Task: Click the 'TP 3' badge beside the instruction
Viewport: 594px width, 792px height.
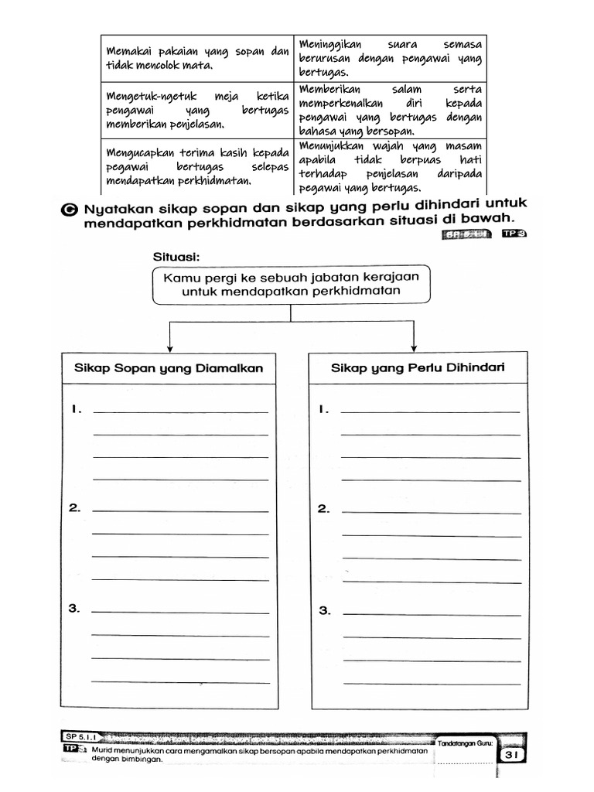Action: click(513, 235)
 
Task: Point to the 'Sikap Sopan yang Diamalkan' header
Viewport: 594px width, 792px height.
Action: click(168, 369)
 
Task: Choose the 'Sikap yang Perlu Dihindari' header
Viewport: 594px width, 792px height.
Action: click(418, 368)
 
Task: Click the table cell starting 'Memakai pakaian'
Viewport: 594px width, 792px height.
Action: click(196, 58)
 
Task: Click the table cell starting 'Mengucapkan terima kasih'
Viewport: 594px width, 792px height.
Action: click(196, 166)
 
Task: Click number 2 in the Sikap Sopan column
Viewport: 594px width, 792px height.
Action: click(74, 508)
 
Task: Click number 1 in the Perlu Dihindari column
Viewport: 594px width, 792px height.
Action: click(324, 410)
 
